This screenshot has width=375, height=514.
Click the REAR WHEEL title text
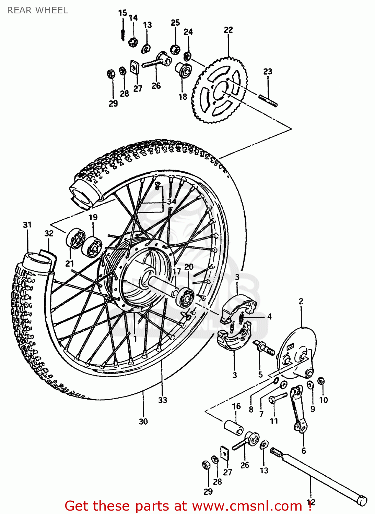(x=37, y=10)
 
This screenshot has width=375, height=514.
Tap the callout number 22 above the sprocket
(x=228, y=30)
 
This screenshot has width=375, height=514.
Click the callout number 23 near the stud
(x=268, y=72)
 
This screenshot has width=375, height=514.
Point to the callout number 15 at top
(x=122, y=13)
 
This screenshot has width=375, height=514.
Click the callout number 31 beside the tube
(x=27, y=225)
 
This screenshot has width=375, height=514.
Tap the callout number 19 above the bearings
(x=93, y=217)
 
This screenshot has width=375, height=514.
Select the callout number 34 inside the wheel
(x=172, y=201)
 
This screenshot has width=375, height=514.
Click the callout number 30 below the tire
(x=143, y=421)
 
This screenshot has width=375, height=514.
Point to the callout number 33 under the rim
(x=163, y=400)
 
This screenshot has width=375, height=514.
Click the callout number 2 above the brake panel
(x=301, y=302)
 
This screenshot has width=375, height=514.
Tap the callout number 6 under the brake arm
(x=304, y=451)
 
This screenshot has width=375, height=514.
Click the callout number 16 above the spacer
(x=236, y=406)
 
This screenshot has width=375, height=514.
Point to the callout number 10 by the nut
(x=324, y=400)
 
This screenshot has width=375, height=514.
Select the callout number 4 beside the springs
(x=269, y=317)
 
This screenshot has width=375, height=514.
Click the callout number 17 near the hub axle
(x=176, y=272)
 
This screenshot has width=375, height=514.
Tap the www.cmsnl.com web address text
(x=247, y=506)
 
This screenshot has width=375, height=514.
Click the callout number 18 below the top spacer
(x=183, y=97)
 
